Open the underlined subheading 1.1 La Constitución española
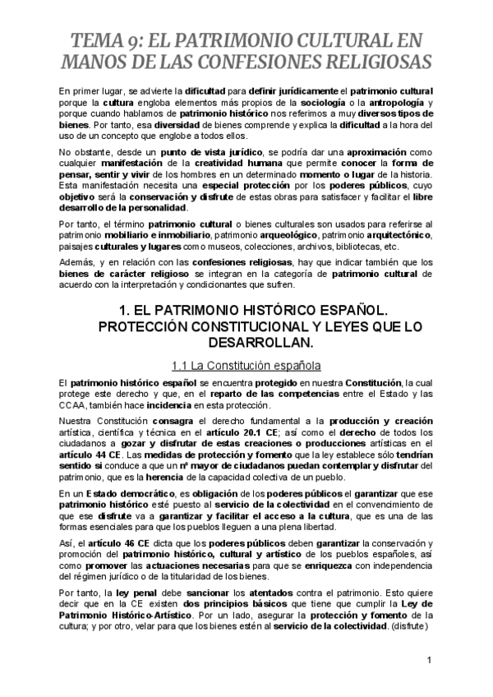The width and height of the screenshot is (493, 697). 245,364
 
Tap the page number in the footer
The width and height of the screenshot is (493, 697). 430,660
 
